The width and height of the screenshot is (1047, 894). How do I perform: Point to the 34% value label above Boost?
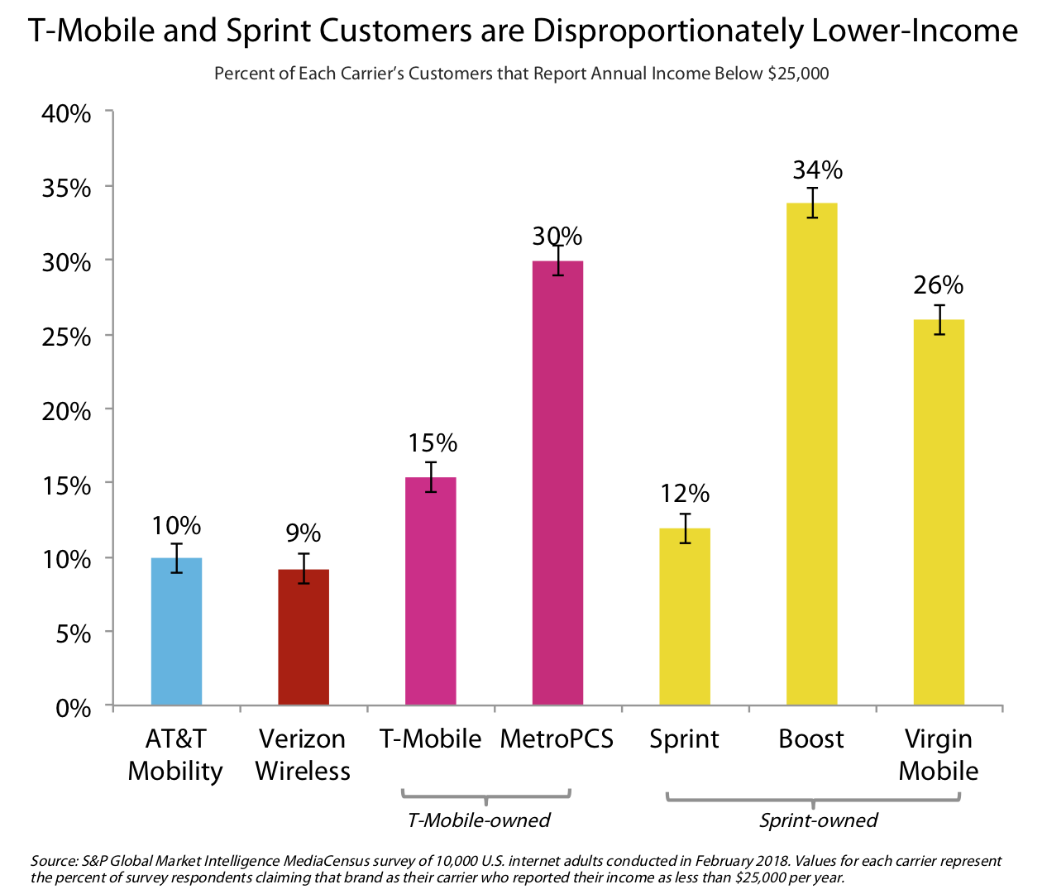pyautogui.click(x=817, y=170)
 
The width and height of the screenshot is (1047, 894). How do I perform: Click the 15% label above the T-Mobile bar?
pyautogui.click(x=432, y=443)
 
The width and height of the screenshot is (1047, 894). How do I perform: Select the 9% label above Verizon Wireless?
pyautogui.click(x=304, y=533)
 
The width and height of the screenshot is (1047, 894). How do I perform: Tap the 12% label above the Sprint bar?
pyautogui.click(x=685, y=494)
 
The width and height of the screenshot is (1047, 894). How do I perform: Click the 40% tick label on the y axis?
pyautogui.click(x=66, y=113)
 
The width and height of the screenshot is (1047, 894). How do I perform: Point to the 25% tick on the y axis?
pyautogui.click(x=66, y=337)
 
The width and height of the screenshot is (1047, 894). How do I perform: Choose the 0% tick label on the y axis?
pyautogui.click(x=73, y=708)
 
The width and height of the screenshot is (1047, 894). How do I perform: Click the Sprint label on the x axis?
pyautogui.click(x=684, y=739)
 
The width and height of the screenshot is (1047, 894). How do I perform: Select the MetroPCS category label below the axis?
pyautogui.click(x=557, y=739)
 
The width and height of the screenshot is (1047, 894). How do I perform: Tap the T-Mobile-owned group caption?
pyautogui.click(x=479, y=820)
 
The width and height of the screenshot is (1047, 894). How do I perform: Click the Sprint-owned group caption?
pyautogui.click(x=818, y=820)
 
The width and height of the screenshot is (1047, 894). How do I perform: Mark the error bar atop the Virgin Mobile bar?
pyautogui.click(x=939, y=319)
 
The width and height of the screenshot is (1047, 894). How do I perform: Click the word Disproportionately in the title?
pyautogui.click(x=667, y=31)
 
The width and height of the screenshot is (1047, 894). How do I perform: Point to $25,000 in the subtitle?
pyautogui.click(x=798, y=74)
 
